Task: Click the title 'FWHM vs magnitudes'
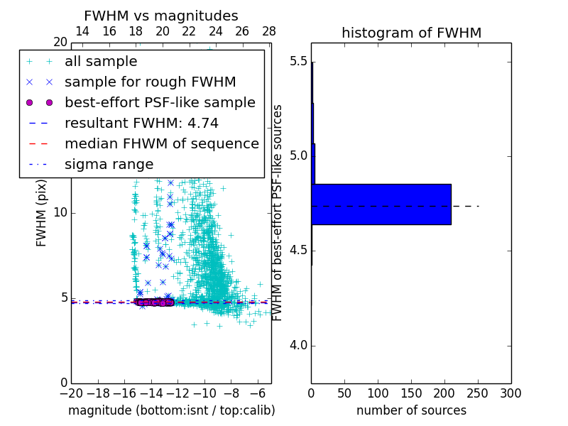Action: coord(161,16)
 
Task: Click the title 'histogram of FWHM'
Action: coord(411,33)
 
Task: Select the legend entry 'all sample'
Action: coord(101,62)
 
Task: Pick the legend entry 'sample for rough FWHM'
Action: coord(150,82)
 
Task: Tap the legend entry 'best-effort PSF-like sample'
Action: coord(160,103)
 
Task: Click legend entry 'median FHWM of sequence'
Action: coord(161,144)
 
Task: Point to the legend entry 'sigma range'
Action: coord(109,165)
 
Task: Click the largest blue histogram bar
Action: coord(381,204)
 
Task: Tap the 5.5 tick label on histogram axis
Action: coord(298,61)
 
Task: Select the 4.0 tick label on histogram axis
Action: coord(298,346)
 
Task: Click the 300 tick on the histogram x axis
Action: coord(510,393)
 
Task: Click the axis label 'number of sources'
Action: coord(411,410)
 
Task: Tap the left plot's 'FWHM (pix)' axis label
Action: coord(42,212)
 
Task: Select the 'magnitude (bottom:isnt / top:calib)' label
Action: coord(171,410)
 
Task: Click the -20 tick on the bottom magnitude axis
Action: coord(71,393)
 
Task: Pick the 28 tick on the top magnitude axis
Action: coord(269,31)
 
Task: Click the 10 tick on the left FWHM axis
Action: coord(60,213)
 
